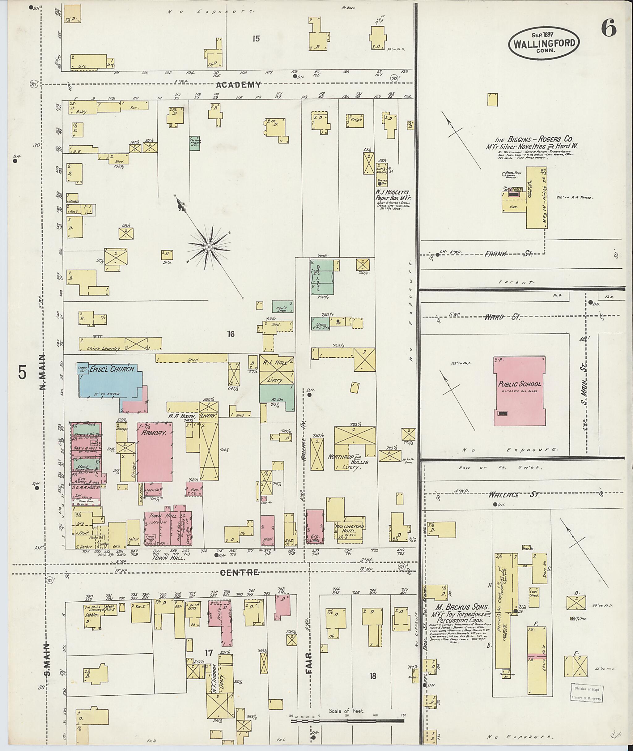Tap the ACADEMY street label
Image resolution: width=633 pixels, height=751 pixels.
pyautogui.click(x=239, y=85)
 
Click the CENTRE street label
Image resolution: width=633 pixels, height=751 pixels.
pyautogui.click(x=244, y=573)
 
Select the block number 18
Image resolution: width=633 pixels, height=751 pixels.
pyautogui.click(x=373, y=676)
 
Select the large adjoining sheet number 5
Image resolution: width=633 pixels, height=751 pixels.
pyautogui.click(x=22, y=373)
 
